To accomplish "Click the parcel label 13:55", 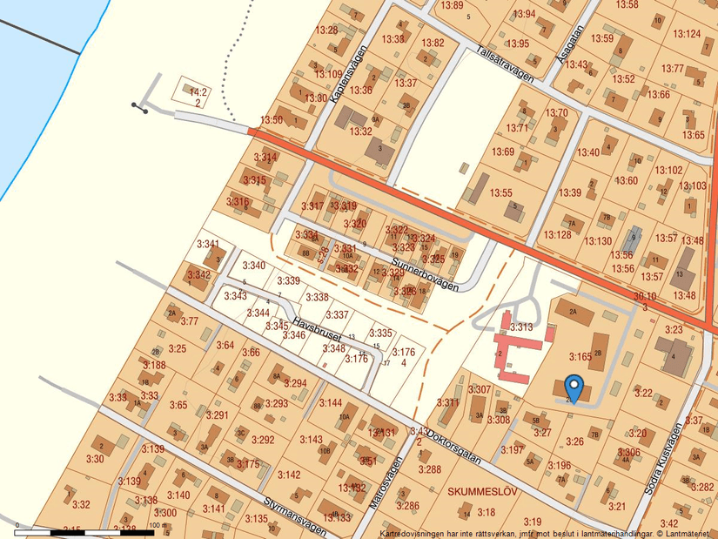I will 501,192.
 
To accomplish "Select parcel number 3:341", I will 208,244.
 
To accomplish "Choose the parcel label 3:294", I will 295,383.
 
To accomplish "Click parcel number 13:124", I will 687,34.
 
